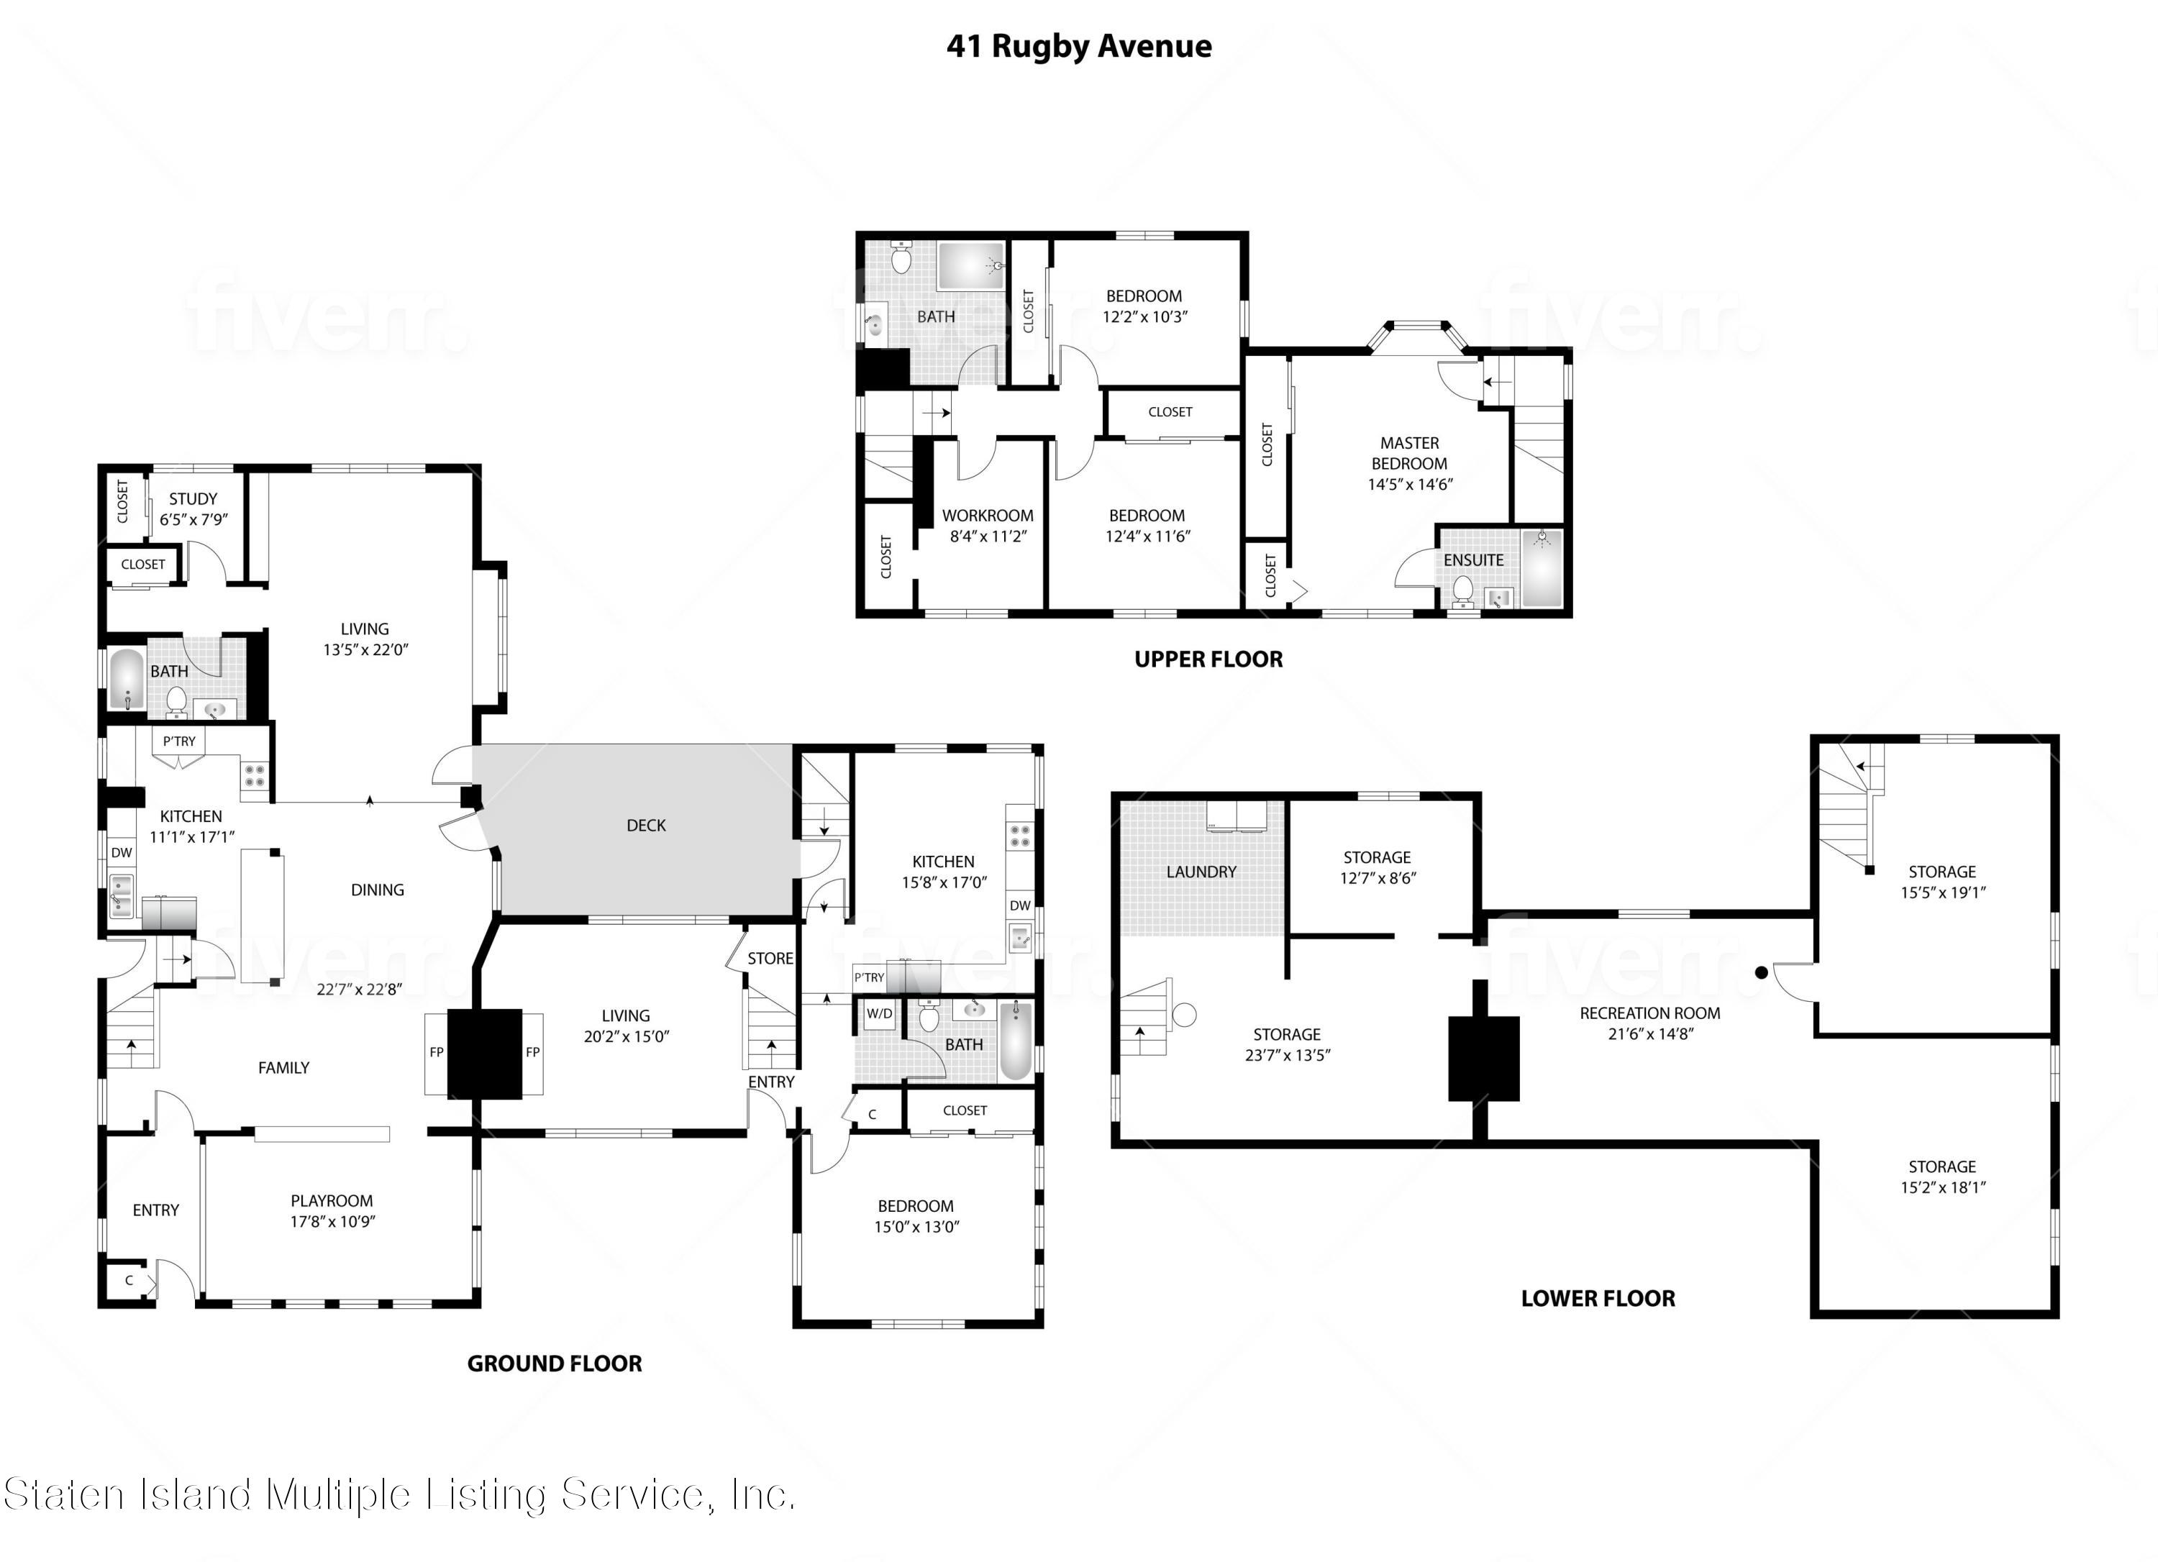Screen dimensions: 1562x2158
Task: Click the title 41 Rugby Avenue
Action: pyautogui.click(x=1078, y=45)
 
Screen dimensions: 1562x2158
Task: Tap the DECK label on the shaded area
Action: pyautogui.click(x=646, y=826)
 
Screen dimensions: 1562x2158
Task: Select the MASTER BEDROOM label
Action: pyautogui.click(x=1409, y=454)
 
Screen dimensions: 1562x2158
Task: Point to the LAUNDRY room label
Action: pyautogui.click(x=1201, y=872)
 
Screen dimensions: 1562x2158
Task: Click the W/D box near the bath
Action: pyautogui.click(x=879, y=1014)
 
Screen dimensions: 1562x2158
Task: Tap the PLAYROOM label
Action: pyautogui.click(x=331, y=1200)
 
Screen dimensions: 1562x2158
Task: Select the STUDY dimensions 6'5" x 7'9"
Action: pyautogui.click(x=194, y=519)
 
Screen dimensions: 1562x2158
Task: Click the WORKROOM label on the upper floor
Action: pyautogui.click(x=988, y=516)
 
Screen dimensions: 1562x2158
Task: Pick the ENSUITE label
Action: pyautogui.click(x=1473, y=560)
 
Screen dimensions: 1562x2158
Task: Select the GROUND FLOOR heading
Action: pyautogui.click(x=554, y=1364)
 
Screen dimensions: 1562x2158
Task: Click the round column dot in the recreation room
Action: pyautogui.click(x=1761, y=972)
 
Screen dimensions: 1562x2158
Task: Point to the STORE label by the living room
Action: pyautogui.click(x=770, y=958)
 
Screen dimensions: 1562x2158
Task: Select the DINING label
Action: pyautogui.click(x=377, y=890)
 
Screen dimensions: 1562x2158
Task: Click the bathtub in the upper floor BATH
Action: pyautogui.click(x=970, y=265)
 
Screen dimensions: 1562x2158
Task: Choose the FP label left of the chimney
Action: pyautogui.click(x=437, y=1052)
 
